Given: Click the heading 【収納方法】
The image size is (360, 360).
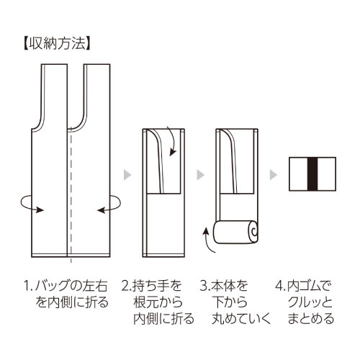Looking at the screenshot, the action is click(x=57, y=44).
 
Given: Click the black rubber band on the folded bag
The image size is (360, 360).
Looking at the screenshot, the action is click(x=312, y=174).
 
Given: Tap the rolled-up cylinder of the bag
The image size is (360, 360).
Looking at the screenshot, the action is click(x=236, y=232).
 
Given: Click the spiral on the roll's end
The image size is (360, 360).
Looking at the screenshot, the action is click(x=253, y=231).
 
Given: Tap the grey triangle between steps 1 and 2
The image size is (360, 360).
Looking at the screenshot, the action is click(x=127, y=175).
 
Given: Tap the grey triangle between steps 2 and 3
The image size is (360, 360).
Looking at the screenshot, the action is click(x=200, y=175).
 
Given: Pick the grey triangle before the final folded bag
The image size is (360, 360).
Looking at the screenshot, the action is click(x=274, y=175).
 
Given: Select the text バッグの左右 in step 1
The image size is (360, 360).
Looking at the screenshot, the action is click(x=71, y=286).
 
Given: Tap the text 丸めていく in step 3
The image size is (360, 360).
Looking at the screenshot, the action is click(x=241, y=319).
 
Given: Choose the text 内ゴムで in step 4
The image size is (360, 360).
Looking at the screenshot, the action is click(x=310, y=286).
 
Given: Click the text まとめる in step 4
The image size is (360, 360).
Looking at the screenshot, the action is click(x=311, y=319).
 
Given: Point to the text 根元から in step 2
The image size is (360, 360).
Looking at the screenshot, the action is click(x=158, y=302).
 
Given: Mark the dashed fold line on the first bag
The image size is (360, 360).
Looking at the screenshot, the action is click(x=71, y=197).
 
